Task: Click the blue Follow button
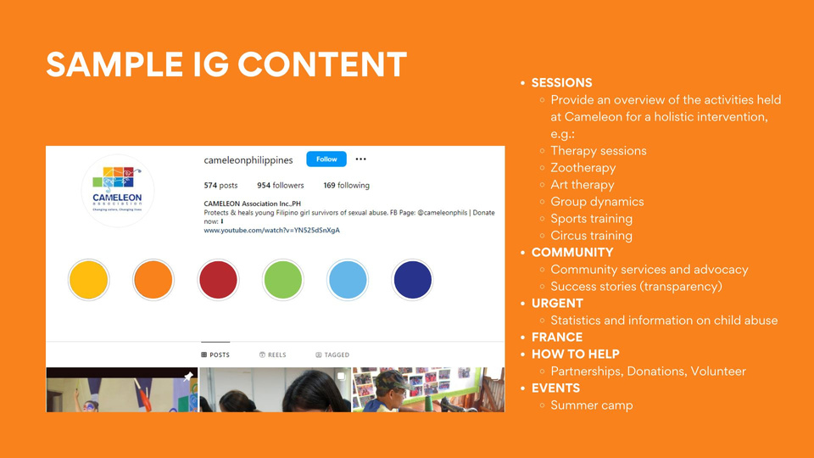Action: click(x=326, y=159)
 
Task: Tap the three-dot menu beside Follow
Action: click(x=361, y=159)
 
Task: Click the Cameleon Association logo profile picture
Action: click(x=117, y=191)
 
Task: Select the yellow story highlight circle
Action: click(x=89, y=280)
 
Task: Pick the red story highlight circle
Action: click(x=218, y=280)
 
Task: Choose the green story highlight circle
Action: click(x=283, y=280)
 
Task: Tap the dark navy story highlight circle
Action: click(x=413, y=280)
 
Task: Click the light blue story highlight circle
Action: click(x=348, y=280)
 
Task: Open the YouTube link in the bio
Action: click(x=271, y=230)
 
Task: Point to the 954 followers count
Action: click(x=281, y=186)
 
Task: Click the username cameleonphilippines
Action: click(x=248, y=160)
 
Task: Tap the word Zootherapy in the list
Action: click(x=583, y=168)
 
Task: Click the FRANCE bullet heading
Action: click(x=557, y=337)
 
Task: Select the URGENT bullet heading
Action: click(x=557, y=304)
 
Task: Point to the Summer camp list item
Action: click(x=591, y=405)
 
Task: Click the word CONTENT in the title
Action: click(x=322, y=64)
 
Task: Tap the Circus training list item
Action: click(x=591, y=235)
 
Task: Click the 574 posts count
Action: click(x=220, y=186)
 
